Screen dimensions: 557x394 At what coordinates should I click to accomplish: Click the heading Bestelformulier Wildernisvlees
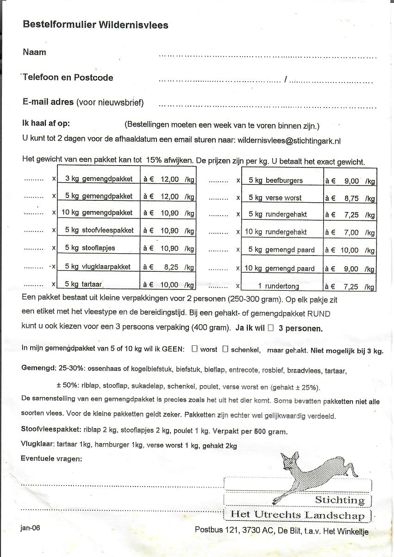click(x=95, y=25)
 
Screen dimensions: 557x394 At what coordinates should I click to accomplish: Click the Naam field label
click(x=35, y=52)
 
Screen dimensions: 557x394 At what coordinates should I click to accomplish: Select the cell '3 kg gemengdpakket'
click(x=99, y=179)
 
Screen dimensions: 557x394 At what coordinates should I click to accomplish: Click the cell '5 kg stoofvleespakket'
click(x=99, y=230)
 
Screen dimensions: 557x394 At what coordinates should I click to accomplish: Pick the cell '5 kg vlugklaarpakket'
click(x=98, y=267)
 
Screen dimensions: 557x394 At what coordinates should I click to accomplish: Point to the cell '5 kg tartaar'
click(x=83, y=284)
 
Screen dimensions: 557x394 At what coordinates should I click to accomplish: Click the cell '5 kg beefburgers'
click(x=275, y=180)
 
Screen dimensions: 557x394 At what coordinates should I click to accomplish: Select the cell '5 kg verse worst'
click(x=275, y=198)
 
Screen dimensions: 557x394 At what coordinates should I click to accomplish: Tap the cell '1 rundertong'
click(x=278, y=286)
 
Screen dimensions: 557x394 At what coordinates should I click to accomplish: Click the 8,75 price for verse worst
click(x=351, y=198)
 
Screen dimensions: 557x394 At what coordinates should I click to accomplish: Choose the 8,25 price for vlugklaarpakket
click(x=169, y=267)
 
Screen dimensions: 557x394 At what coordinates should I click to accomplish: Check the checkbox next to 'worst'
click(x=194, y=349)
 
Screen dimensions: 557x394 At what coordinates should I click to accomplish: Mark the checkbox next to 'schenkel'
click(x=225, y=349)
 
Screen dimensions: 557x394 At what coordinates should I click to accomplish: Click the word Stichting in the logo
click(x=340, y=500)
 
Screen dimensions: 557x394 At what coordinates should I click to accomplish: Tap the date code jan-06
click(x=31, y=528)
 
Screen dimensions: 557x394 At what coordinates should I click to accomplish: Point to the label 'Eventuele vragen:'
click(x=52, y=459)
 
